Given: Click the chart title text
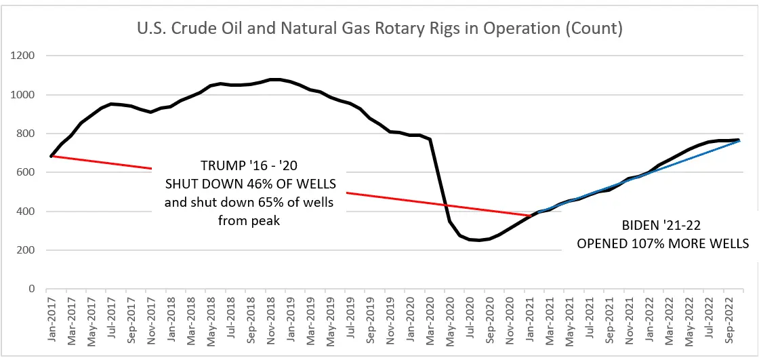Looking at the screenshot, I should pos(380,30).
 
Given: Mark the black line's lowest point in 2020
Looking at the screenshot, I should pos(478,240).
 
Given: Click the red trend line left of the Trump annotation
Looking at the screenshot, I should pos(102,162).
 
